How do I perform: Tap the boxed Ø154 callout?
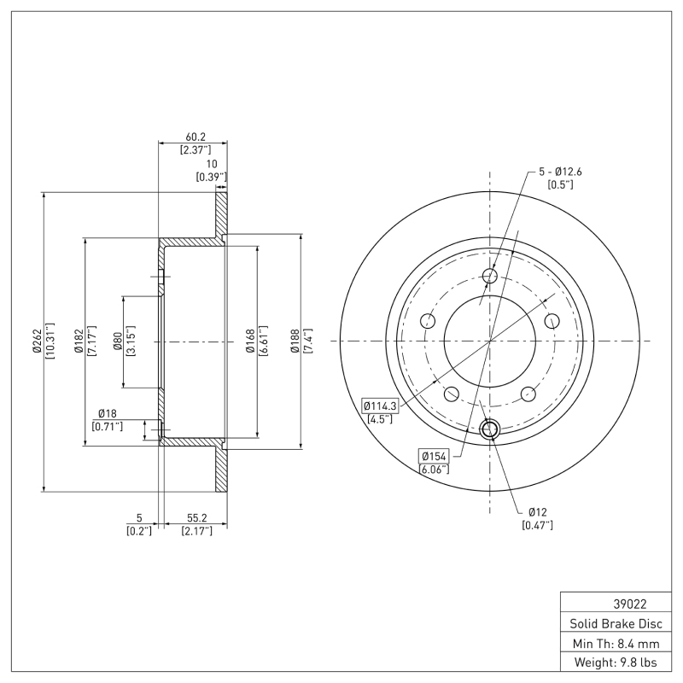click(x=433, y=457)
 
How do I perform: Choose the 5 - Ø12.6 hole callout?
click(x=559, y=172)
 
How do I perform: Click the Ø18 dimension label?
click(x=107, y=413)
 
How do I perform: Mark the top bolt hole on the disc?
click(x=490, y=276)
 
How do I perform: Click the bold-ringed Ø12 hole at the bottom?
click(x=490, y=429)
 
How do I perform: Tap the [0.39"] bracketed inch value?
click(x=211, y=177)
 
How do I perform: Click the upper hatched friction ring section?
click(x=220, y=213)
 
